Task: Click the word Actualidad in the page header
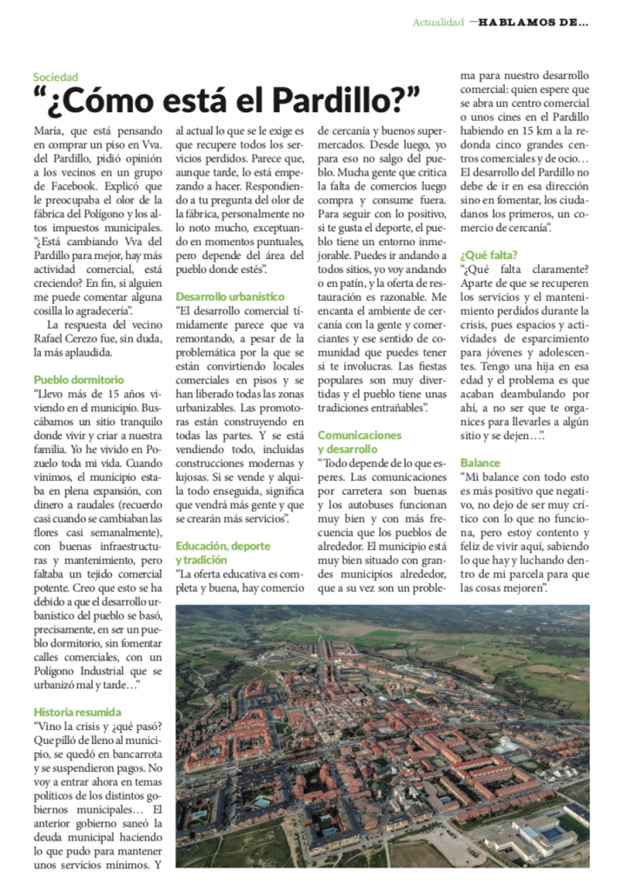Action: coord(438,22)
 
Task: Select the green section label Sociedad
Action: coord(56,77)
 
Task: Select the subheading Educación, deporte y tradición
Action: coord(225,552)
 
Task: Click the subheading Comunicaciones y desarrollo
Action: coord(359,441)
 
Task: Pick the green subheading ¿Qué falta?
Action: coord(489,255)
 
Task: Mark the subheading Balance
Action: coord(481,462)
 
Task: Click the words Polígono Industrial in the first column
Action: coord(87,672)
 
